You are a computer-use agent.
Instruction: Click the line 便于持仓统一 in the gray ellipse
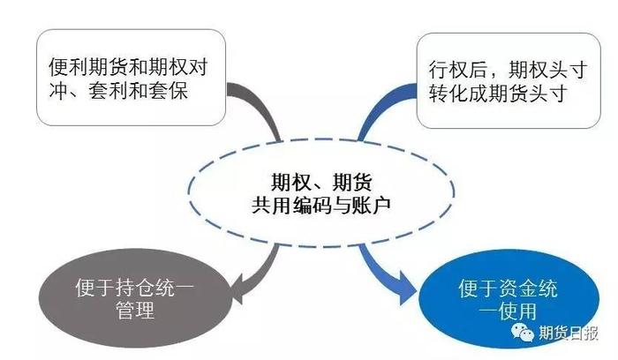pyautogui.click(x=132, y=289)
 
